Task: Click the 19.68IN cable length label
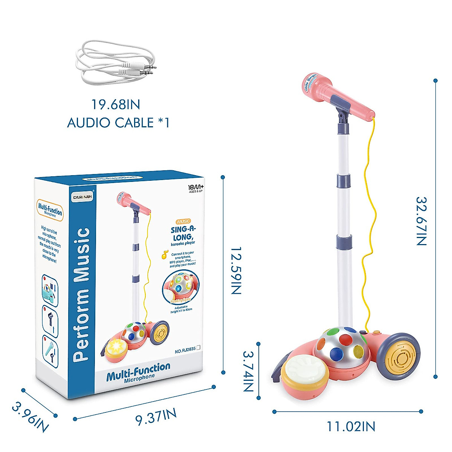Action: [x=116, y=104]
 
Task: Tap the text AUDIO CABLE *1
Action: [x=118, y=123]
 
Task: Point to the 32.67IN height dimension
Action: [x=421, y=221]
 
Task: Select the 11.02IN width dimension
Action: [x=351, y=426]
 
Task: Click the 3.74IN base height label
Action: [x=247, y=371]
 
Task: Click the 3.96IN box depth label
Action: [x=30, y=417]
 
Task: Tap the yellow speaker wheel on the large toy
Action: [x=403, y=356]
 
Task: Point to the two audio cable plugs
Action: [x=143, y=69]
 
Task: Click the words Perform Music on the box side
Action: [x=81, y=295]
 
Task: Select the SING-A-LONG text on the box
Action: [x=183, y=234]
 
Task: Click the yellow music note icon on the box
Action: [x=165, y=255]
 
